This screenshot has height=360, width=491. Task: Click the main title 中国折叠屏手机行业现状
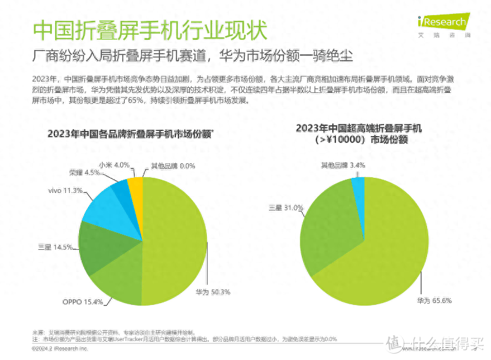[x=149, y=30]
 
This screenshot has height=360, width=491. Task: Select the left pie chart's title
[x=130, y=133]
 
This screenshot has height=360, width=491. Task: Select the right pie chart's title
[x=359, y=133]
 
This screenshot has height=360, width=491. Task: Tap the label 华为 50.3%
[x=213, y=292]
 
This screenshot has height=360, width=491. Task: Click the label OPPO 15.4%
[x=82, y=302]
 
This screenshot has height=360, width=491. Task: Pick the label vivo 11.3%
[x=65, y=190]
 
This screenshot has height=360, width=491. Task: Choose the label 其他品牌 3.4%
[x=342, y=165]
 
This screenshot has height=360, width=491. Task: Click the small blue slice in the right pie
[x=358, y=185]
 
